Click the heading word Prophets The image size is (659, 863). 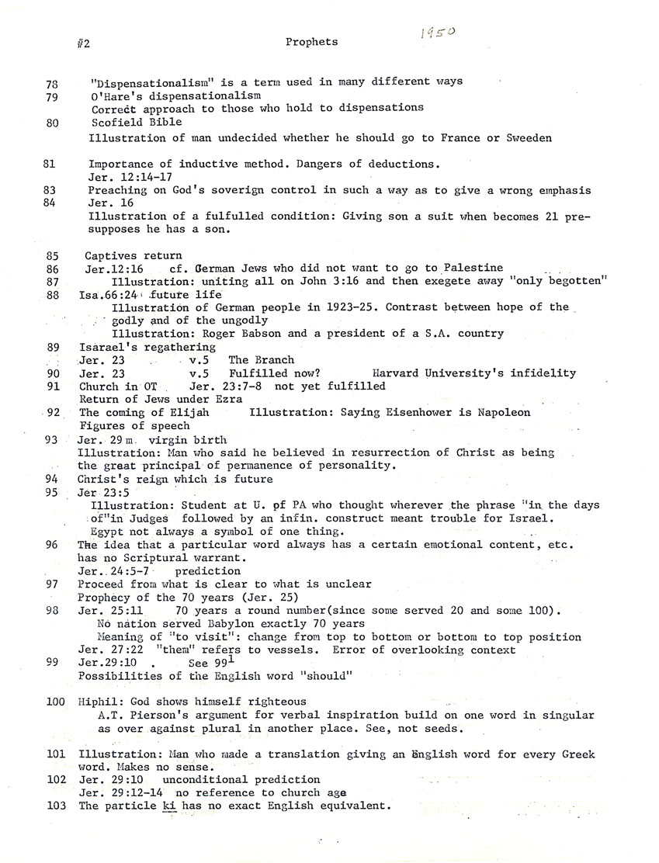click(x=311, y=42)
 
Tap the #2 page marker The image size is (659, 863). click(x=84, y=44)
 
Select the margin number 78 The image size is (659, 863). click(x=53, y=81)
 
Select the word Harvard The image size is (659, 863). click(x=398, y=373)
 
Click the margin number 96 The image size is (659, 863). click(x=52, y=545)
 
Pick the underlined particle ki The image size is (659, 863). click(x=169, y=806)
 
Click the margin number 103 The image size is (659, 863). click(x=55, y=806)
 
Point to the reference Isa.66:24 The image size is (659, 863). click(x=111, y=295)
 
